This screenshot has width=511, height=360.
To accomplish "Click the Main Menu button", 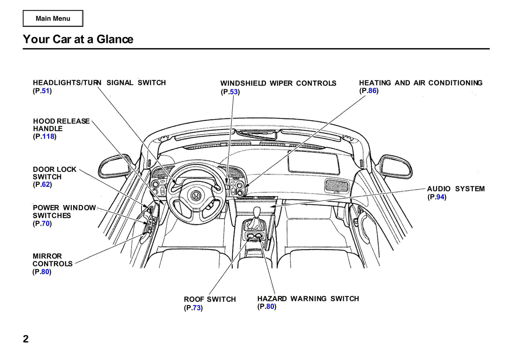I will click(x=53, y=18).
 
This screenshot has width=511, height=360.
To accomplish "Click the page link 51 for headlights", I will click(x=46, y=91).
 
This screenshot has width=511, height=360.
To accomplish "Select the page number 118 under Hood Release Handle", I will click(x=48, y=136).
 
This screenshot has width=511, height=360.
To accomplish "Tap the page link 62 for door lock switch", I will click(x=46, y=184).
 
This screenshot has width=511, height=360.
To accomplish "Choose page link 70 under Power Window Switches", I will click(x=46, y=223).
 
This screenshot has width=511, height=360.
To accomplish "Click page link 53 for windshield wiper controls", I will click(x=233, y=92).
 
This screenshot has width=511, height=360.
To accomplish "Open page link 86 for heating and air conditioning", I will click(x=372, y=90).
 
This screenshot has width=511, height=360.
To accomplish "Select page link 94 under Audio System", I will click(x=440, y=197).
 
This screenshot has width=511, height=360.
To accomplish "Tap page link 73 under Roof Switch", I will click(x=197, y=308).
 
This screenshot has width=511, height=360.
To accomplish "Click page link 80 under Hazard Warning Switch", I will click(x=270, y=306).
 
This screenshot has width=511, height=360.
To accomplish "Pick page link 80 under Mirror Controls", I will click(x=45, y=272).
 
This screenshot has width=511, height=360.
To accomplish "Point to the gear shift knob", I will click(x=257, y=212).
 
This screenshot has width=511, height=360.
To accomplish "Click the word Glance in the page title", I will click(x=115, y=39).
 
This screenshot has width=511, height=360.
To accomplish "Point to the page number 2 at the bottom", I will click(x=26, y=339).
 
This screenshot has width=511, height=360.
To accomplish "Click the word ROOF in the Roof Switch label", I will click(x=194, y=299).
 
